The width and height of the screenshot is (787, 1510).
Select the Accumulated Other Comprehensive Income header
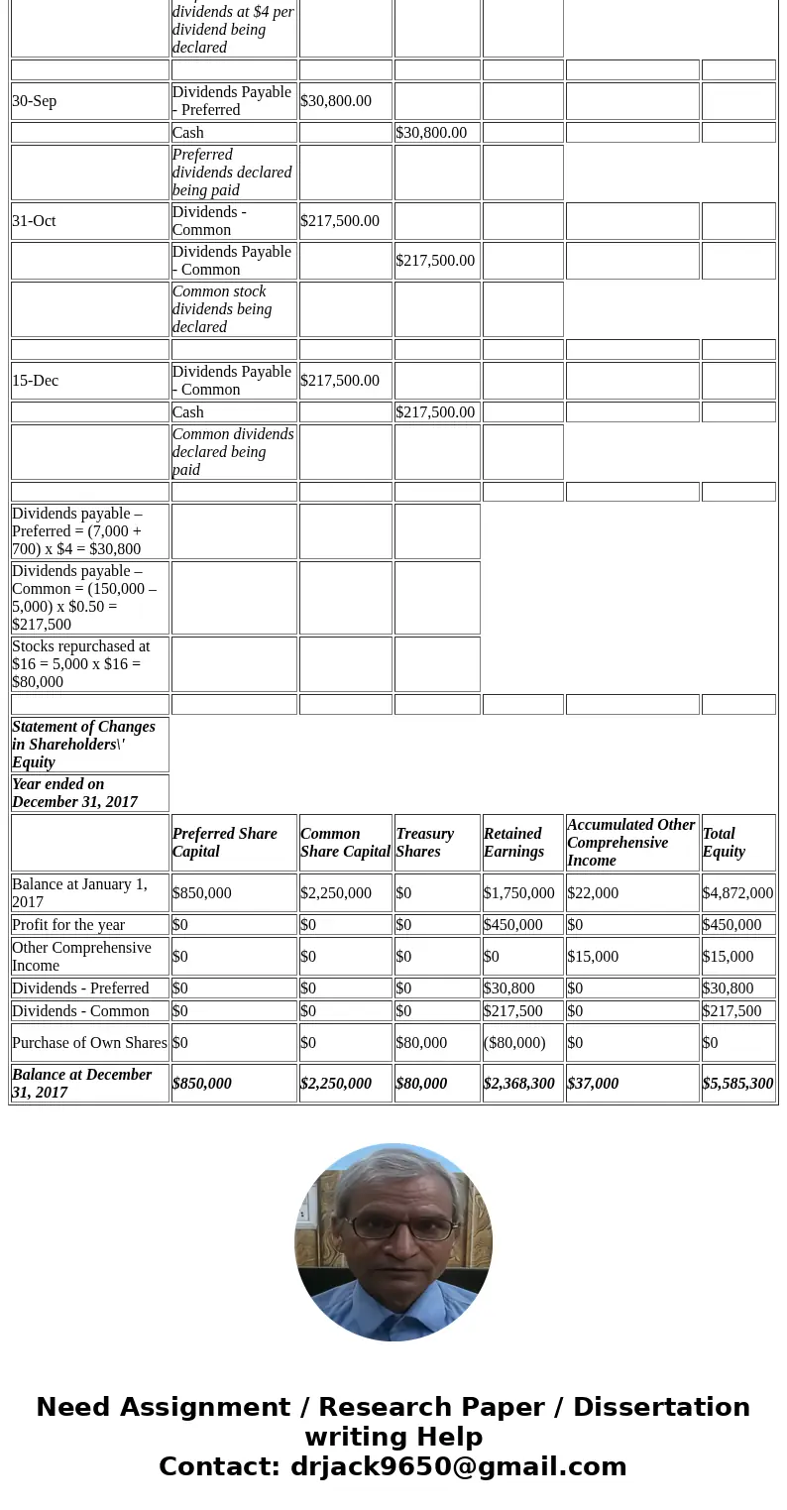[x=630, y=843]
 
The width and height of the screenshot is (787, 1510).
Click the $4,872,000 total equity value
[x=737, y=893]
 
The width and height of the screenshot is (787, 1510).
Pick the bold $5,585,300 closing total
[x=737, y=1084]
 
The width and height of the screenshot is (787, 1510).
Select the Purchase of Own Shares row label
[x=89, y=1043]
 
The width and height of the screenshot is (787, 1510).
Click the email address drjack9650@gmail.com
[x=458, y=1466]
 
